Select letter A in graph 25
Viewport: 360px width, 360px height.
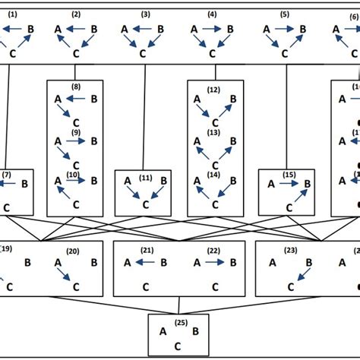tap(163, 332)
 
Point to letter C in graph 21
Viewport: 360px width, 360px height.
tap(144, 287)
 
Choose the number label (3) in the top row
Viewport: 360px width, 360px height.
tap(144, 14)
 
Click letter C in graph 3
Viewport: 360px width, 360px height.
tap(144, 53)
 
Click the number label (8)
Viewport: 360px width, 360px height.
tap(76, 87)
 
